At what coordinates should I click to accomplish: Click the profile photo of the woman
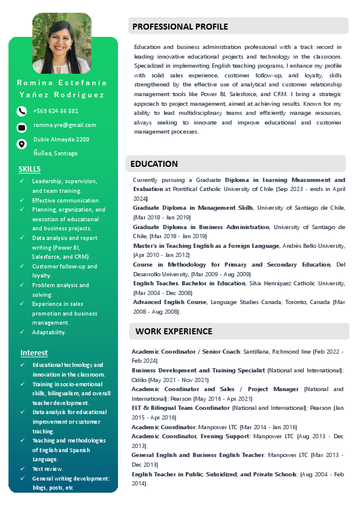pyautogui.click(x=62, y=43)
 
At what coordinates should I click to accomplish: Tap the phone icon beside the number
pyautogui.click(x=22, y=111)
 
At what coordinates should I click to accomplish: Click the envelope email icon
pyautogui.click(x=22, y=128)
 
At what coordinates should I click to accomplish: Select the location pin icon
pyautogui.click(x=22, y=144)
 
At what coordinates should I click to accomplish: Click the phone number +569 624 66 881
pyautogui.click(x=56, y=111)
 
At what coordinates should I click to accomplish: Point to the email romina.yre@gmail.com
pyautogui.click(x=65, y=125)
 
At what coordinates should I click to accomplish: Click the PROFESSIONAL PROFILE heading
pyautogui.click(x=180, y=27)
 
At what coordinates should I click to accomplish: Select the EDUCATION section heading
pyautogui.click(x=154, y=164)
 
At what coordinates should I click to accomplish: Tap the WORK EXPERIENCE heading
pyautogui.click(x=174, y=331)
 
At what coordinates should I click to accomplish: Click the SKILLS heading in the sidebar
pyautogui.click(x=30, y=169)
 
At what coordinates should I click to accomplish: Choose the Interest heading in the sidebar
pyautogui.click(x=34, y=352)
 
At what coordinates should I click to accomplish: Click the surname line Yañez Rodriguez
pyautogui.click(x=62, y=95)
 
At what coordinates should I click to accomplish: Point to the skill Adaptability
pyautogui.click(x=49, y=332)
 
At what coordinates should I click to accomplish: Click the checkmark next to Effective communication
pyautogui.click(x=22, y=200)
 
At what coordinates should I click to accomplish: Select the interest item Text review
pyautogui.click(x=48, y=468)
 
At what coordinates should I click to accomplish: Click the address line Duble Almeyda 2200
pyautogui.click(x=61, y=140)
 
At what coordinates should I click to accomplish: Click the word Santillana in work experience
pyautogui.click(x=261, y=351)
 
